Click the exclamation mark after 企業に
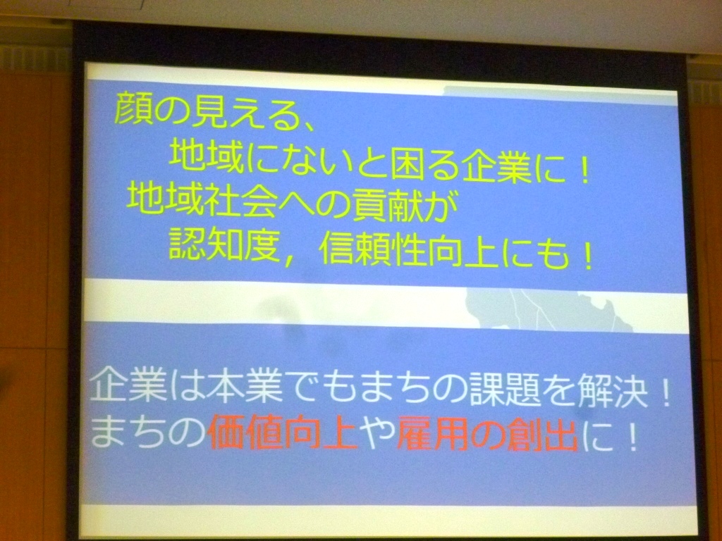[x=585, y=168]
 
